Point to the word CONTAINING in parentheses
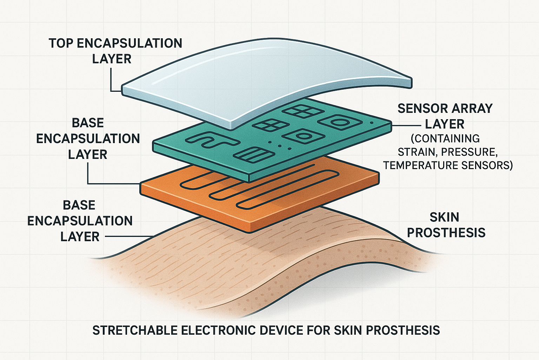(445, 139)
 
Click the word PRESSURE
(469, 152)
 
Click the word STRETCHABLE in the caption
(135, 330)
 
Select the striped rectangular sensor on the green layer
(254, 155)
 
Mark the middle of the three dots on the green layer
(279, 146)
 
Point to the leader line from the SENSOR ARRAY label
(406, 126)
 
